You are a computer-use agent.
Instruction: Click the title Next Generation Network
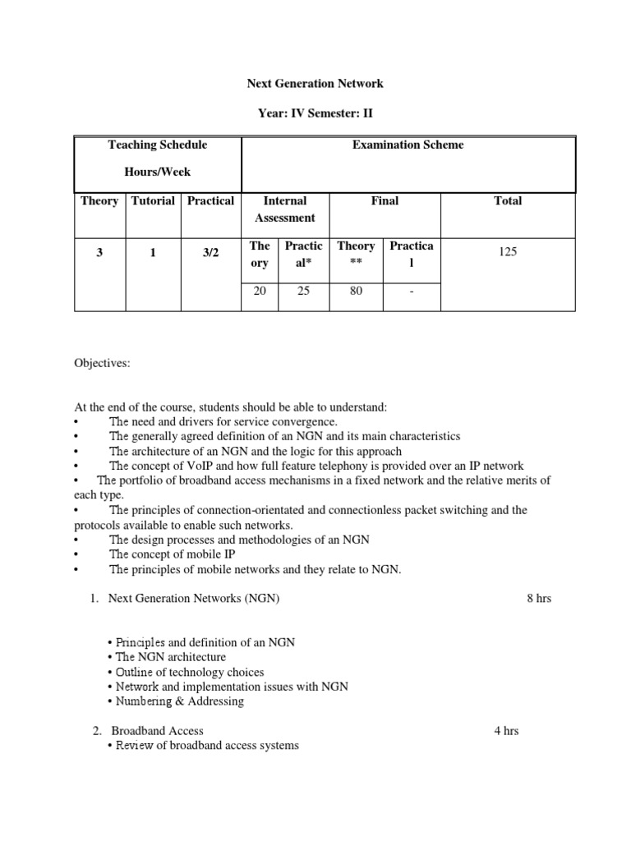315,84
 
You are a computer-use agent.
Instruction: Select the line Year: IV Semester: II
315,114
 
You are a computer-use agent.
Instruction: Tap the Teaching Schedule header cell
158,145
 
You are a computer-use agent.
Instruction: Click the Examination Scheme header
408,145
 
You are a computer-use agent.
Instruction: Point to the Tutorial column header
152,201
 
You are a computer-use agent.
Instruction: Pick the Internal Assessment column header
284,209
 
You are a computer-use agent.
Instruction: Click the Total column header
507,201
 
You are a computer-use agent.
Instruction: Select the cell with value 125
507,252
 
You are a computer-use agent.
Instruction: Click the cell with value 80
356,291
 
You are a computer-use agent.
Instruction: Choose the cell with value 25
303,291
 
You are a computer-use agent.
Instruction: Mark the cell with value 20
260,291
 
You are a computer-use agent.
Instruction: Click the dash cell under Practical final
411,291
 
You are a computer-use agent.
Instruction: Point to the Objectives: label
102,364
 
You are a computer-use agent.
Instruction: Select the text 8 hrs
539,599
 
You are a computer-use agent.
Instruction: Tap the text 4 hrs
506,731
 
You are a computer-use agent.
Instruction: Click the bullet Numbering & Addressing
175,701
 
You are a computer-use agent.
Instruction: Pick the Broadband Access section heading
157,731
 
